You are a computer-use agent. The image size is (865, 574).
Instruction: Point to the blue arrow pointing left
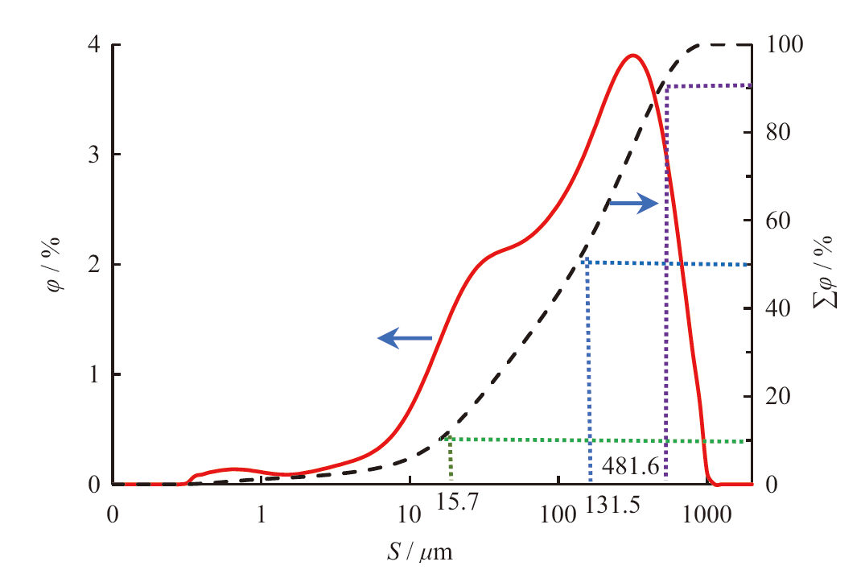405,339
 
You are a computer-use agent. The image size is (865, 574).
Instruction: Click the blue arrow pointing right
633,204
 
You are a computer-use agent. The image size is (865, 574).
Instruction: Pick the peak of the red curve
633,56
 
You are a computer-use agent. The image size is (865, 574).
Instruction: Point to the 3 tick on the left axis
94,155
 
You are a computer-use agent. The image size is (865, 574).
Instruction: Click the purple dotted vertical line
665,282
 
